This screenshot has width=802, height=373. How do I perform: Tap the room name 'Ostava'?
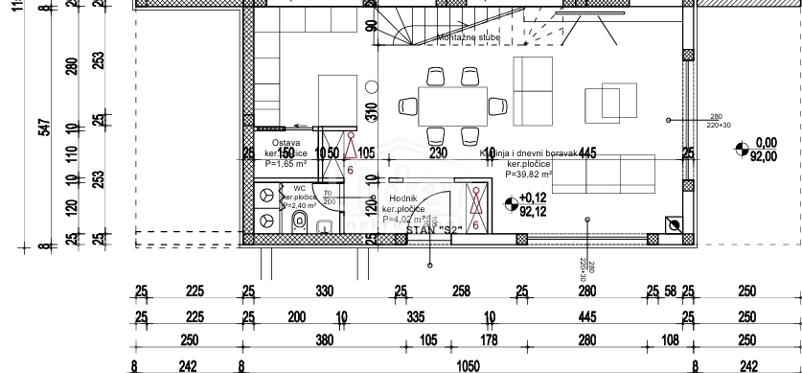273,142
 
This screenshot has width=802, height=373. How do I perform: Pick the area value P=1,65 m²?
286,164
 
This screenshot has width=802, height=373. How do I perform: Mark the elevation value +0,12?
533,198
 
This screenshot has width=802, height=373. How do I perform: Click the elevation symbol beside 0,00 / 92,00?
740,148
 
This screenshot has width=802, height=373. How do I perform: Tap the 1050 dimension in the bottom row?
468,365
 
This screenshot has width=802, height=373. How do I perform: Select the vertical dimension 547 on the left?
45,128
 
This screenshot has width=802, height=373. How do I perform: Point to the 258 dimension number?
461,291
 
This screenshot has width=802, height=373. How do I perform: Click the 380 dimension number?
324,340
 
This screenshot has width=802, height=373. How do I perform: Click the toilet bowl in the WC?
298,222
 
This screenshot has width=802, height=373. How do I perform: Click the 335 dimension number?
414,316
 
